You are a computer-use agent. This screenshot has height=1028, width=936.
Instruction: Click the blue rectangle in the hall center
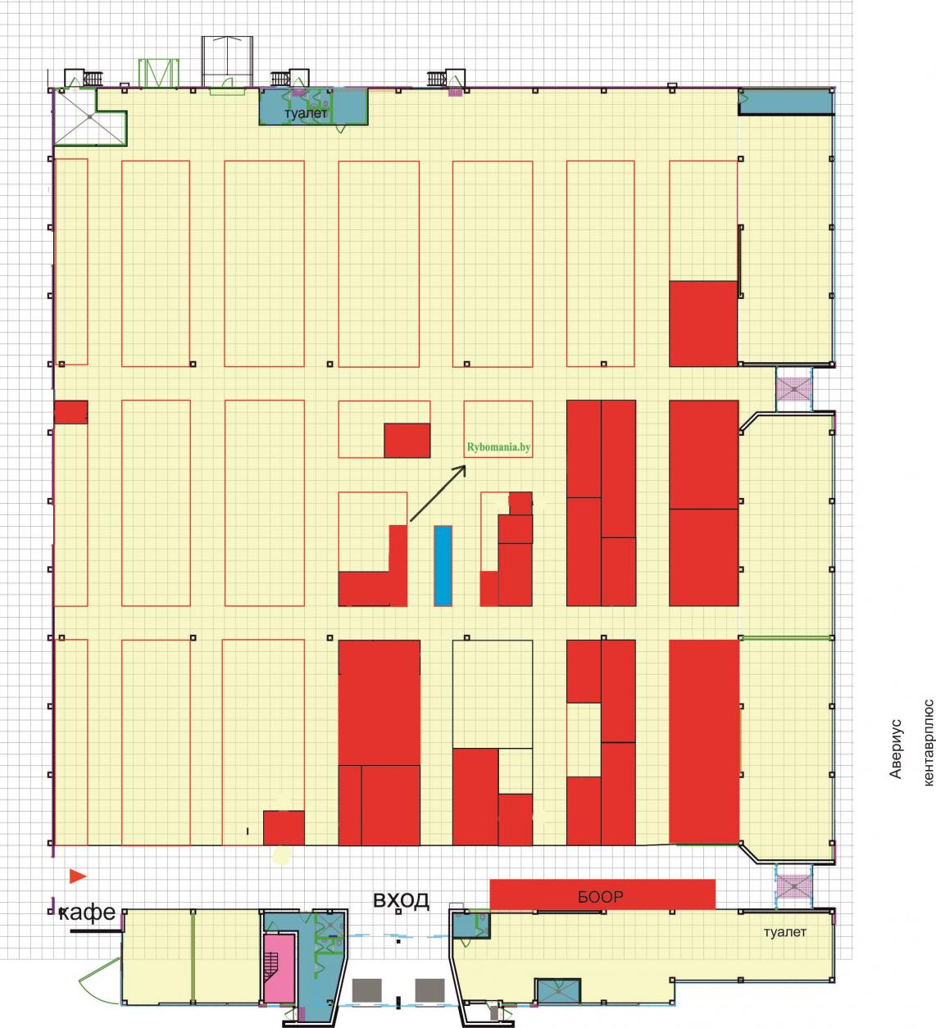point(443,566)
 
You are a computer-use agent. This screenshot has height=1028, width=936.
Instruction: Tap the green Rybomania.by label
point(498,447)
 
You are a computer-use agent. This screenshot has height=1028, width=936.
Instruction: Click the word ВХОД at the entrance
point(401,900)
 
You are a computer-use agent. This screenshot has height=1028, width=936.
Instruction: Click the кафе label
point(87,913)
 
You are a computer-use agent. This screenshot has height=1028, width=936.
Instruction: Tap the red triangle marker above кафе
point(78,876)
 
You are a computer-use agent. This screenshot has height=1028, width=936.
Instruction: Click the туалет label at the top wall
point(306,113)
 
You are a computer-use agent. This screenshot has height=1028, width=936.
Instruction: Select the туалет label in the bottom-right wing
point(784,932)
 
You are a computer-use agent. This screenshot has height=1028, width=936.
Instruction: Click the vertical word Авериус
point(895,749)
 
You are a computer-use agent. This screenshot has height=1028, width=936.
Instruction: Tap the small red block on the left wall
point(70,412)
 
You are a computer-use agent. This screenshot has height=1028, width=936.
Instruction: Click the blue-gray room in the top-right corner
point(786,102)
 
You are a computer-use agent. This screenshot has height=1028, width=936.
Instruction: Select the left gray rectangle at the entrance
point(366,990)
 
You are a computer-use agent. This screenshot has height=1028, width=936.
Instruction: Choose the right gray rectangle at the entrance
point(429,990)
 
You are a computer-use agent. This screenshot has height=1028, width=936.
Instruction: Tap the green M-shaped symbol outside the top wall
point(158,73)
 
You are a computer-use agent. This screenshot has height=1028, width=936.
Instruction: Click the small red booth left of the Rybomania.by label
point(407,440)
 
